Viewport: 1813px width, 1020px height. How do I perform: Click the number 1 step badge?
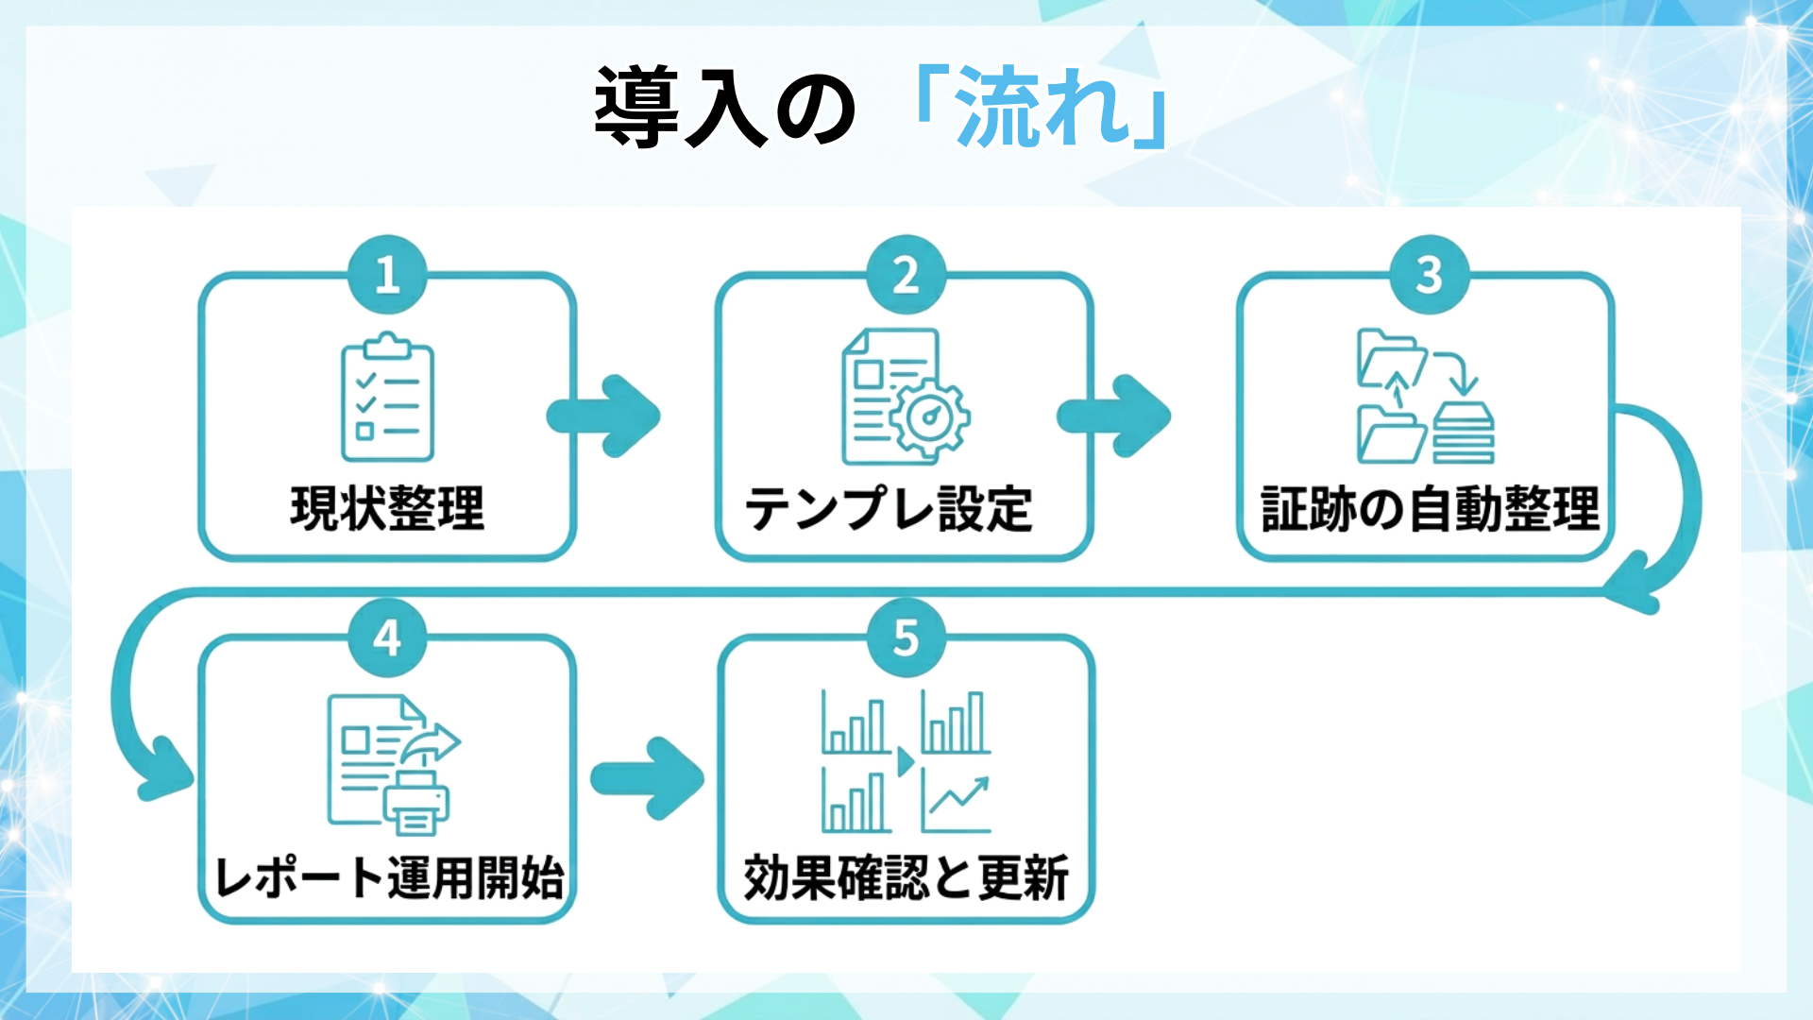[387, 275]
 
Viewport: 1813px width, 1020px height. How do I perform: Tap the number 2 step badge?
[906, 275]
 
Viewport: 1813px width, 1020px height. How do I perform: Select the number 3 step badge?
[1429, 275]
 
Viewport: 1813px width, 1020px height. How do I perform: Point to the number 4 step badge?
[387, 637]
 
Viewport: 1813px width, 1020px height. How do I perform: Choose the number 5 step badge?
[906, 637]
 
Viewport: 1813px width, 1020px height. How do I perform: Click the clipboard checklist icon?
[387, 398]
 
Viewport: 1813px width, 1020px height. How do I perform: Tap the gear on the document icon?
[931, 416]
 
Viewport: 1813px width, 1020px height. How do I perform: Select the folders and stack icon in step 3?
[1425, 396]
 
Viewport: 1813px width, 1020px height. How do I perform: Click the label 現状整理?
[387, 509]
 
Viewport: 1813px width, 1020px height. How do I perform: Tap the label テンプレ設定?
[889, 509]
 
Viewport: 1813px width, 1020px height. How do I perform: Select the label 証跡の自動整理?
[1430, 509]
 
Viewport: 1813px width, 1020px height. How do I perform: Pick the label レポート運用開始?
[389, 877]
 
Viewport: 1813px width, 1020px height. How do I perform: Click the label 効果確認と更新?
[906, 877]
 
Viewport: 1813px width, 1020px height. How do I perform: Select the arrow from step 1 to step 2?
[604, 416]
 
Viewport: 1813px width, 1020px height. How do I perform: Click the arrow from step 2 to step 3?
[1115, 416]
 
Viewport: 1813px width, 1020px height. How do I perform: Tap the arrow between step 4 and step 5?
[649, 778]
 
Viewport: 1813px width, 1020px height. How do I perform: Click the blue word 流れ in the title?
[1042, 107]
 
